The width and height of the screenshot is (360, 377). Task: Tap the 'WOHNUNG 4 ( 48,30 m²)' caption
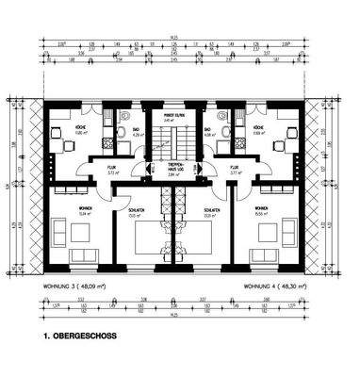pos(273,285)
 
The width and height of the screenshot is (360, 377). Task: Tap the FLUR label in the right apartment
pos(235,170)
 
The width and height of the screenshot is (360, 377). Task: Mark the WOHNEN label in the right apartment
pos(259,209)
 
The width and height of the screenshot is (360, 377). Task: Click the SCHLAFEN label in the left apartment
pos(133,211)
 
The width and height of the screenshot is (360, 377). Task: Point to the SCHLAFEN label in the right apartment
pos(212,211)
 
